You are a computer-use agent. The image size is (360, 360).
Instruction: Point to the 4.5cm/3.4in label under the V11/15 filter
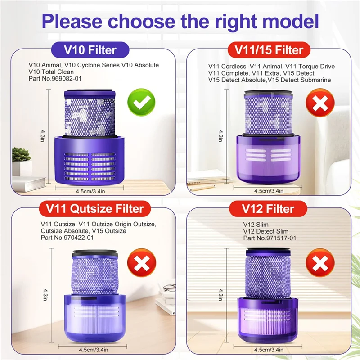coord(269,191)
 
